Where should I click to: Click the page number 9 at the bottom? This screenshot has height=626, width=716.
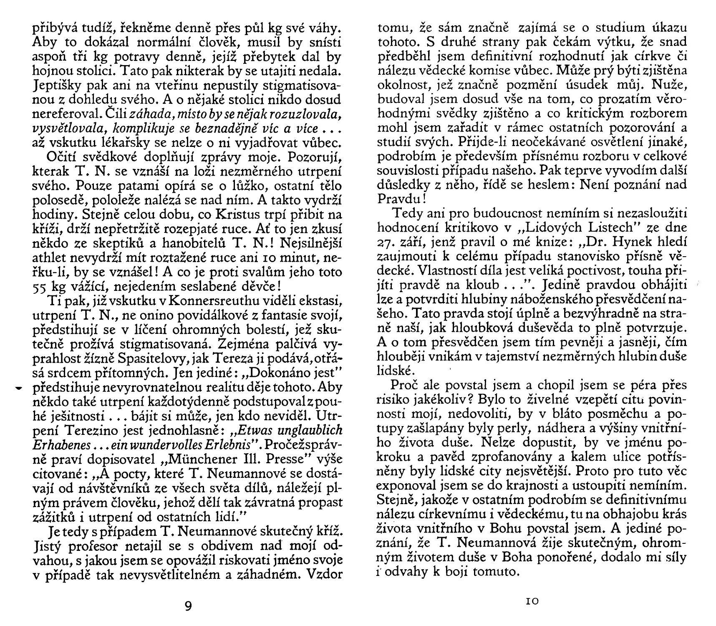[x=188, y=606]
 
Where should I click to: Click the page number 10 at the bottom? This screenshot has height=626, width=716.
[x=532, y=601]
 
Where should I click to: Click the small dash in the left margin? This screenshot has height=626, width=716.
[x=18, y=389]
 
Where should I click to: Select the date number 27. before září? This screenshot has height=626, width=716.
[x=386, y=242]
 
